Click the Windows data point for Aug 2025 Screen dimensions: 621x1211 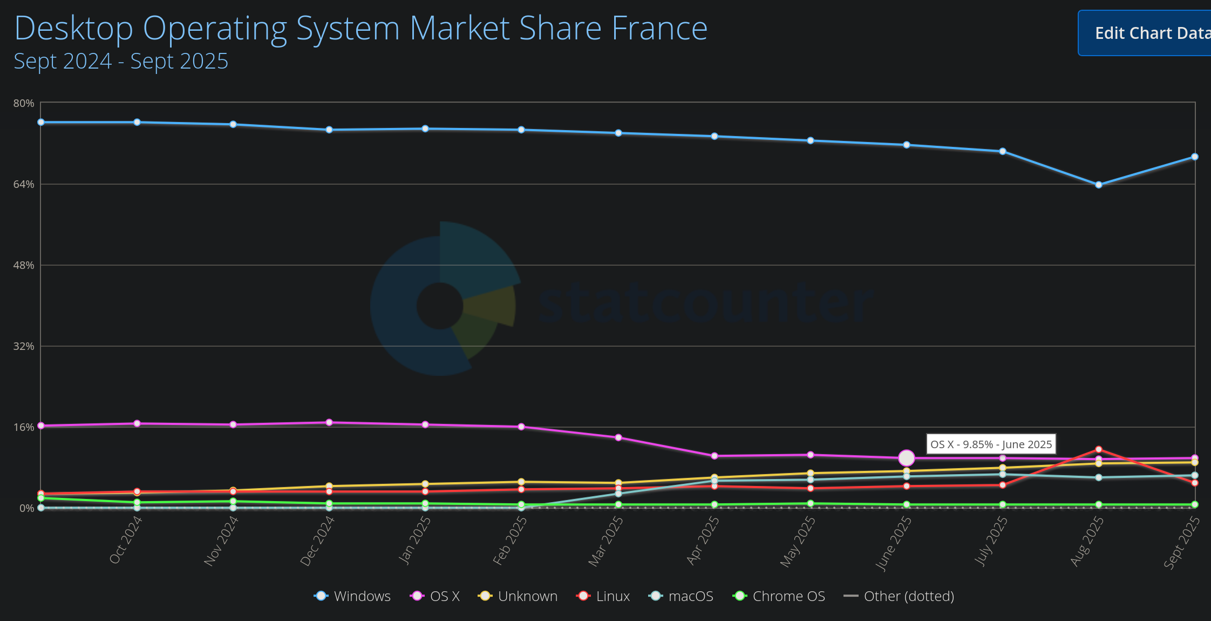[x=1099, y=185]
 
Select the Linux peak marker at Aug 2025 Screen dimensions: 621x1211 [x=1099, y=449]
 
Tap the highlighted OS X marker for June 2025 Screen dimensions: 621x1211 [x=907, y=458]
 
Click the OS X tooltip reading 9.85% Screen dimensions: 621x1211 [x=991, y=444]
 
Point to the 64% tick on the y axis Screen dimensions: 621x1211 [x=24, y=184]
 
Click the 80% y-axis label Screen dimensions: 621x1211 [x=24, y=103]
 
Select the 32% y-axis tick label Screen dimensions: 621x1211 [x=24, y=346]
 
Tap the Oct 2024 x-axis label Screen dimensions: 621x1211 [x=126, y=539]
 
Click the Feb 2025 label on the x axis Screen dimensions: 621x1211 [x=510, y=540]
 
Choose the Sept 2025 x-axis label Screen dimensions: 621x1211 [x=1182, y=542]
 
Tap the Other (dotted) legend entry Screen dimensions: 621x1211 [x=899, y=596]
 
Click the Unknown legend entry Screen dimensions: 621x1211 [x=518, y=596]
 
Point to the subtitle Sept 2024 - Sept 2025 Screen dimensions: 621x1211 [x=121, y=61]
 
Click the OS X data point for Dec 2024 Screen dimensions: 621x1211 [x=329, y=422]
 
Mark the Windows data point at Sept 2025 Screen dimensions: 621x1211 [x=1195, y=157]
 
